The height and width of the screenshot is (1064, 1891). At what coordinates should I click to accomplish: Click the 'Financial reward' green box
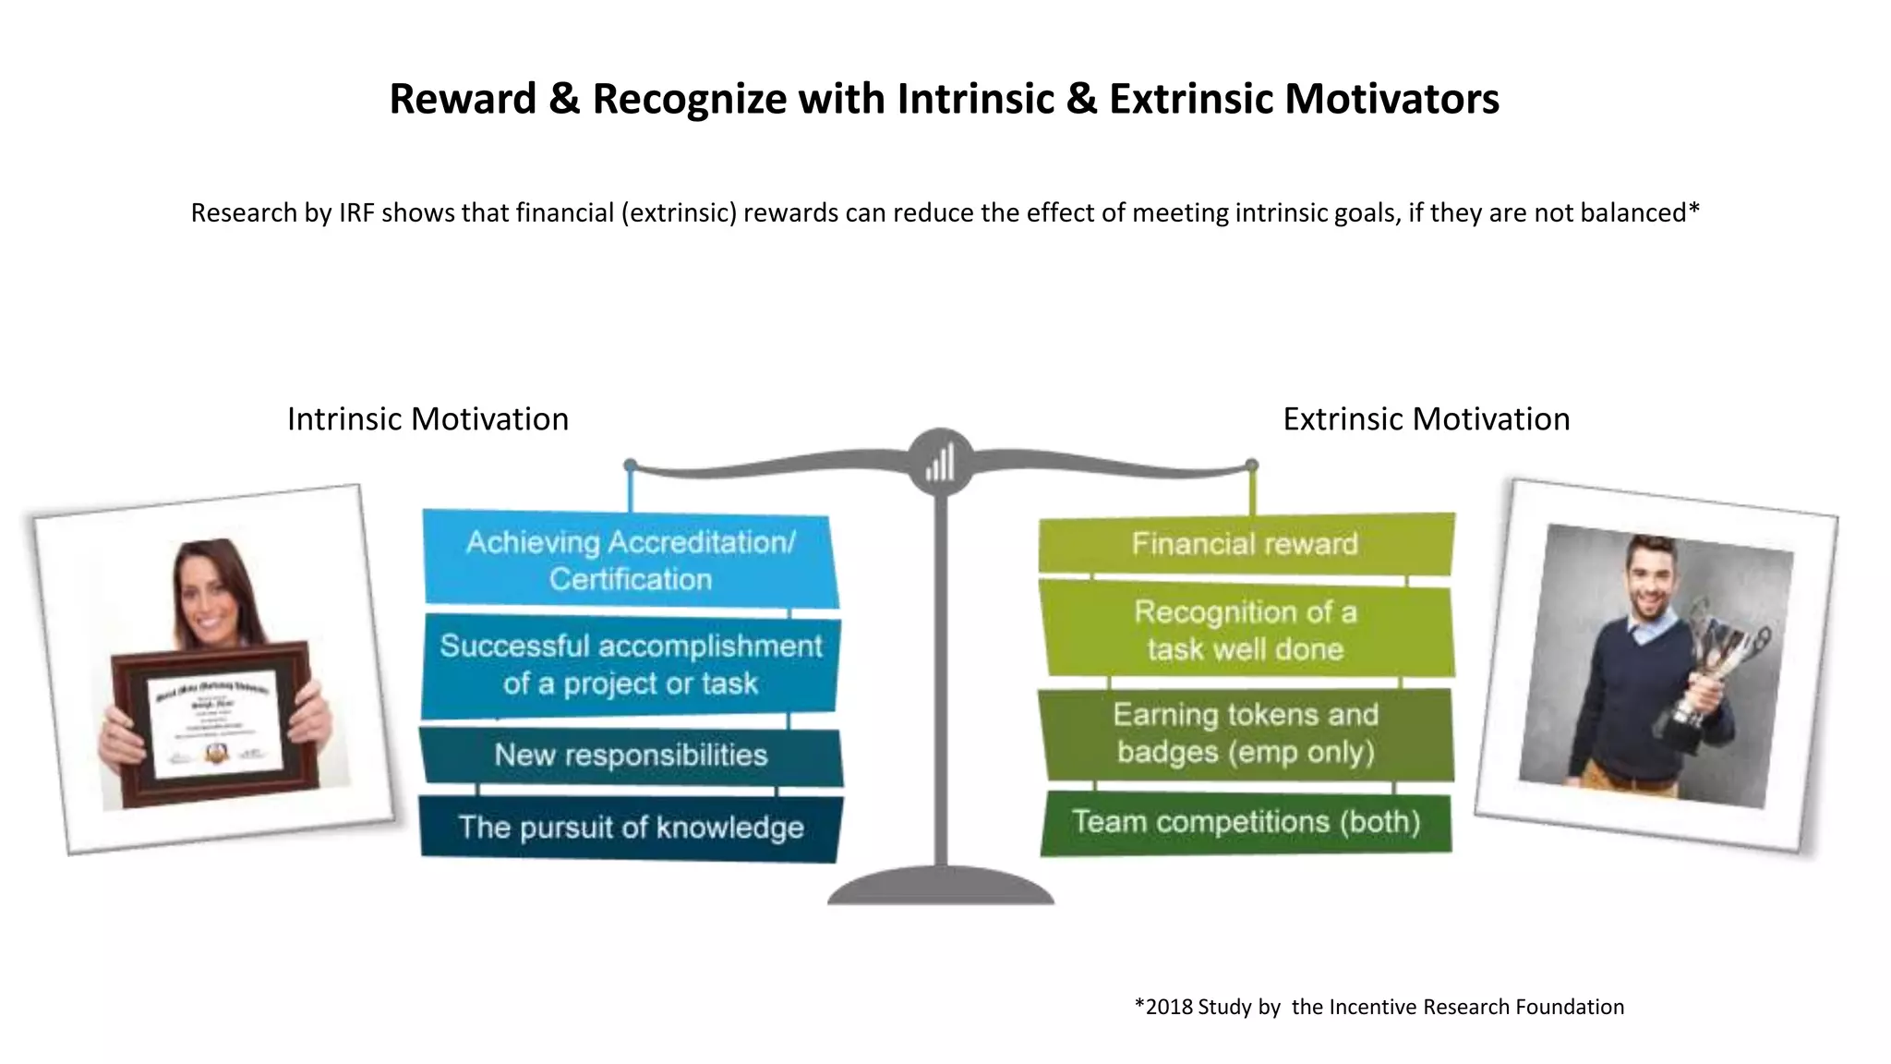[x=1245, y=544]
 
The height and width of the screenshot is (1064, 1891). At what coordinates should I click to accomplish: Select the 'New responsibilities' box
[x=631, y=756]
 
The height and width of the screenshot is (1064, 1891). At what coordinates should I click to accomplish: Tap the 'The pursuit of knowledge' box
[x=631, y=828]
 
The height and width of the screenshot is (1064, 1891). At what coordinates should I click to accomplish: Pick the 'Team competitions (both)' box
[x=1246, y=822]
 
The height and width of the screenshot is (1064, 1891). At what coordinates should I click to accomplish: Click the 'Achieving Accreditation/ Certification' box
[x=631, y=560]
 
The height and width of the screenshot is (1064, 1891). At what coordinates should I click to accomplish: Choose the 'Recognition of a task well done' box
[x=1246, y=630]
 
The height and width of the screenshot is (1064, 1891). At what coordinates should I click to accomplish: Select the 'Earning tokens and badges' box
[x=1246, y=733]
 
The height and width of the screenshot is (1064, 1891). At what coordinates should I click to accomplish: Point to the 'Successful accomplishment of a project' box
[x=631, y=665]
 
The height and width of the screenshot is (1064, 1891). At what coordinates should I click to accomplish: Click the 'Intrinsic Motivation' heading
[x=428, y=419]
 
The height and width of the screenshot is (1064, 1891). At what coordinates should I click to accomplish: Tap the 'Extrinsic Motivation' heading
[x=1426, y=419]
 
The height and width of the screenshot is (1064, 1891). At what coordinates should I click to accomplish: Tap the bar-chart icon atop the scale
[x=940, y=461]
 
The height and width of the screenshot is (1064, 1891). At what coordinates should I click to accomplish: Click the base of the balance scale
[x=940, y=887]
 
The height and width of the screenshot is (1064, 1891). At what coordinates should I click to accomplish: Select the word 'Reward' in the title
[x=463, y=99]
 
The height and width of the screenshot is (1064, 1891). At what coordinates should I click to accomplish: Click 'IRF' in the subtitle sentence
[x=356, y=213]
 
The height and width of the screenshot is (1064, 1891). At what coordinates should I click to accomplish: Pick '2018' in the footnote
[x=1168, y=1007]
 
